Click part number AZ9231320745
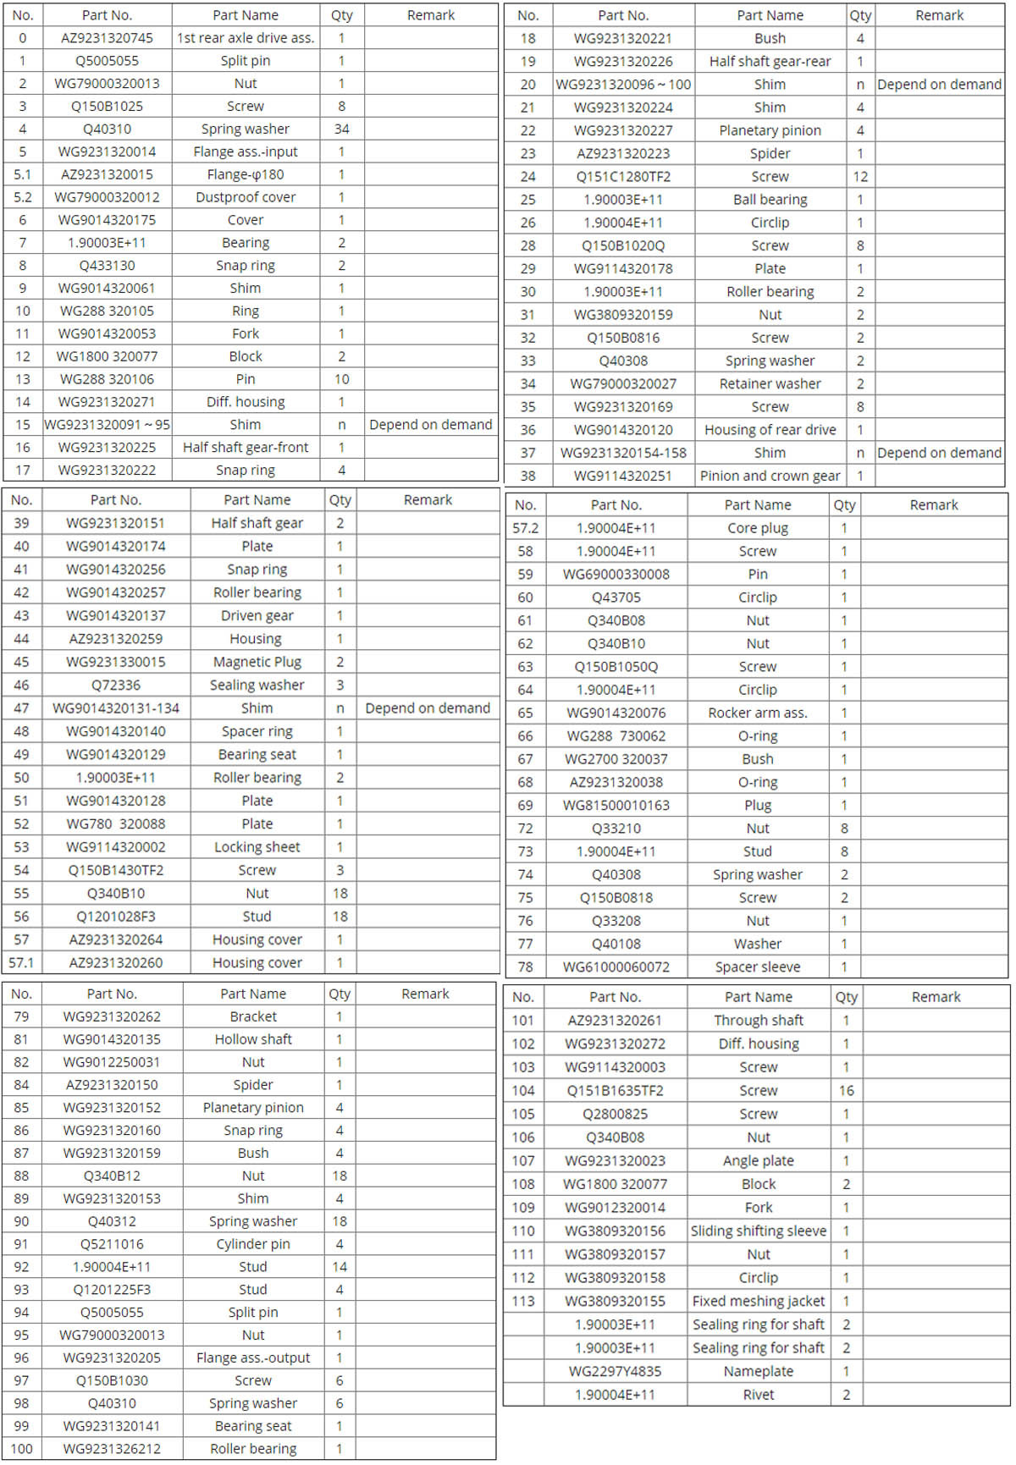(x=107, y=38)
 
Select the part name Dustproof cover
(x=246, y=197)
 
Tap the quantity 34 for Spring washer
(x=341, y=129)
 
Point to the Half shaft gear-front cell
(x=246, y=447)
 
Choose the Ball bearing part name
(x=770, y=200)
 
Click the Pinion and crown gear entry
(x=770, y=476)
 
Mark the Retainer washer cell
(x=770, y=383)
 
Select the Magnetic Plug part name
(x=257, y=662)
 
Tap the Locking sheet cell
(x=257, y=846)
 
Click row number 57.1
(x=21, y=962)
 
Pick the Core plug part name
(x=758, y=528)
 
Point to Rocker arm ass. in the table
(x=758, y=713)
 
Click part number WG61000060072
(x=616, y=967)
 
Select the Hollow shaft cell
(x=253, y=1039)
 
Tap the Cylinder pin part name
(x=253, y=1244)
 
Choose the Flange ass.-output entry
(x=253, y=1358)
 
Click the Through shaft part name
(x=759, y=1021)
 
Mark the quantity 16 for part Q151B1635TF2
(x=846, y=1091)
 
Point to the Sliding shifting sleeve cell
(x=759, y=1231)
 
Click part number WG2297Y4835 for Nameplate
(x=615, y=1371)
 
